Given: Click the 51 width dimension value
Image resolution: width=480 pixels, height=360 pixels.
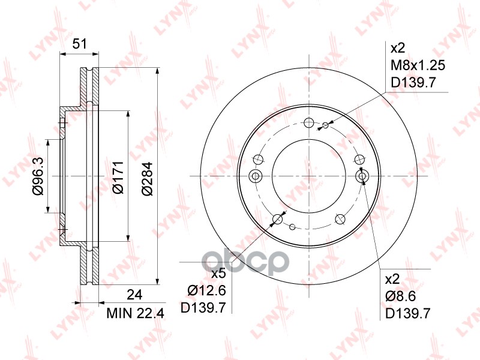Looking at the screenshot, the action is [80, 44].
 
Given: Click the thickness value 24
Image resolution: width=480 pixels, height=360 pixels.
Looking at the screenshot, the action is [134, 295].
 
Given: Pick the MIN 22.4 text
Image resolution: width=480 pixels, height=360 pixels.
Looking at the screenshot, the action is [136, 313].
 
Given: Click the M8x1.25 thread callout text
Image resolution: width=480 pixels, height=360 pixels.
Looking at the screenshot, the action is [418, 65].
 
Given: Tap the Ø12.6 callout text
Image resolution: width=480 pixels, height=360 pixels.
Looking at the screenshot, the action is [207, 290].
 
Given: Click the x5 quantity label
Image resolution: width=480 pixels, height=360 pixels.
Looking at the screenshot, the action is [219, 274].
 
